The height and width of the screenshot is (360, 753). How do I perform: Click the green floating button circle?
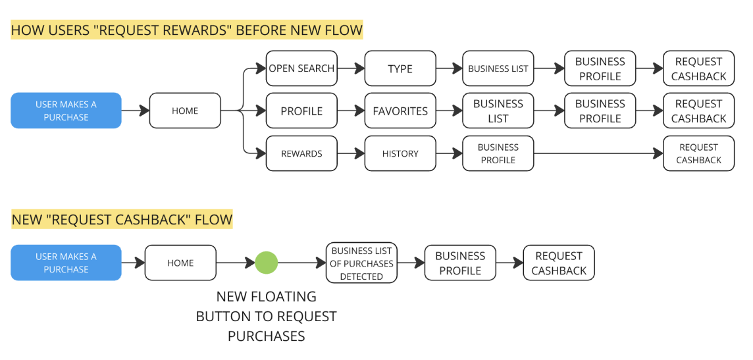pyautogui.click(x=267, y=263)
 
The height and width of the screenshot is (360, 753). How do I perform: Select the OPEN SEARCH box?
pyautogui.click(x=301, y=68)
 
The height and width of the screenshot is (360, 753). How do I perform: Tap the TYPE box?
pyautogui.click(x=400, y=68)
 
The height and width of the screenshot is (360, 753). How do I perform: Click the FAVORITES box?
pyautogui.click(x=400, y=111)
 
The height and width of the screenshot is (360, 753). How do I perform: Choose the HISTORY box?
pyautogui.click(x=400, y=153)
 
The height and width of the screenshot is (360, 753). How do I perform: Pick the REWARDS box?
pyautogui.click(x=301, y=153)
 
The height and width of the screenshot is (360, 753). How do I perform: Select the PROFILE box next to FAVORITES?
pyautogui.click(x=301, y=111)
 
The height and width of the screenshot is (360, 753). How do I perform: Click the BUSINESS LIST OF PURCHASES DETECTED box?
pyautogui.click(x=361, y=263)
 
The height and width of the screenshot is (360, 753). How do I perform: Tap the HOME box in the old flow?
pyautogui.click(x=185, y=111)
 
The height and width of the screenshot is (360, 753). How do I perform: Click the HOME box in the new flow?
pyautogui.click(x=180, y=263)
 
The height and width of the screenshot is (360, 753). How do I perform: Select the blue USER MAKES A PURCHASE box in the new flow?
pyautogui.click(x=66, y=263)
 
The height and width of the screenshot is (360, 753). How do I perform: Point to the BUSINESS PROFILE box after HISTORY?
pyautogui.click(x=498, y=153)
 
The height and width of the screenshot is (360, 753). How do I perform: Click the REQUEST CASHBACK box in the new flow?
pyautogui.click(x=559, y=263)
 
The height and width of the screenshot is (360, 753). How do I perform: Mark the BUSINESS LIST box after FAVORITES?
pyautogui.click(x=498, y=111)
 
